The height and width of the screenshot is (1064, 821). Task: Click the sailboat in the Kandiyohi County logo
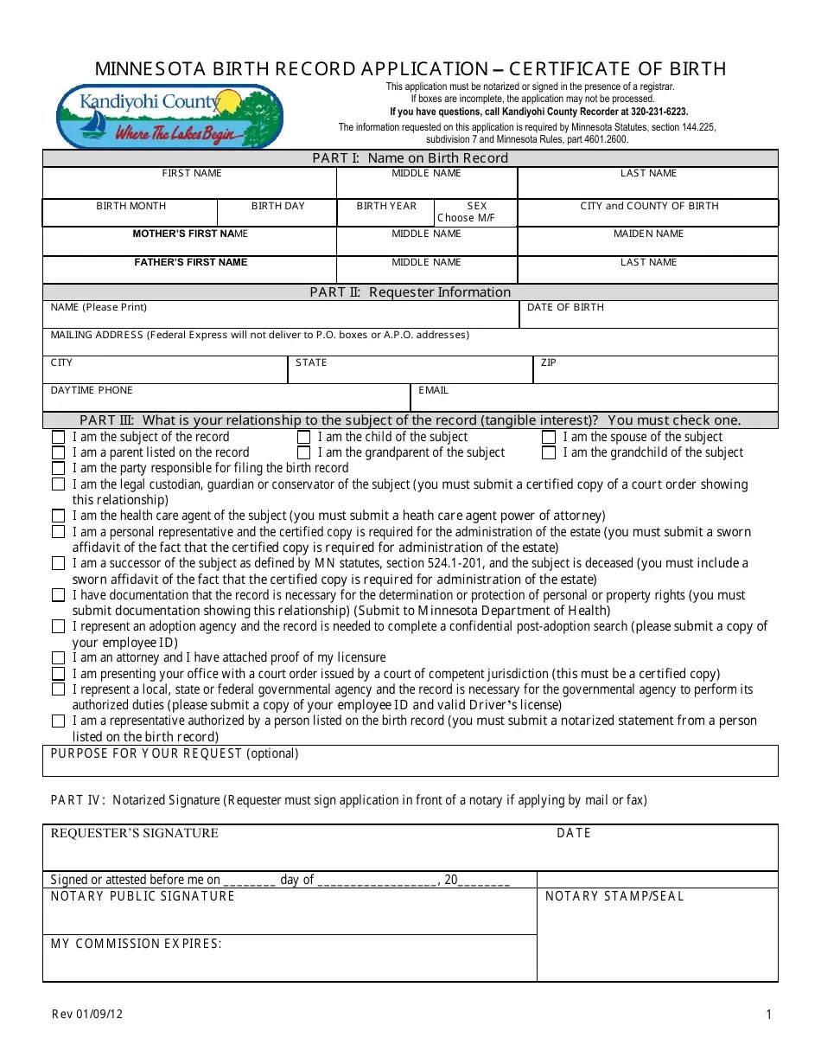(91, 125)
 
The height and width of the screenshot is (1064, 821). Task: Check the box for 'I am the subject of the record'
(58, 438)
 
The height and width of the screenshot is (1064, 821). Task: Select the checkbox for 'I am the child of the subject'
(303, 438)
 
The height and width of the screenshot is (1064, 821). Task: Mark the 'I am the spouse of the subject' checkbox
(549, 438)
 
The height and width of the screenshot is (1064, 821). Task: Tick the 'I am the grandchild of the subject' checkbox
(549, 453)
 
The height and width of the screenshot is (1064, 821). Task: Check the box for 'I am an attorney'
(58, 658)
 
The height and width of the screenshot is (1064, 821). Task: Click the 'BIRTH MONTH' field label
(130, 207)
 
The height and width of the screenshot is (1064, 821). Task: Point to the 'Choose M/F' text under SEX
(467, 218)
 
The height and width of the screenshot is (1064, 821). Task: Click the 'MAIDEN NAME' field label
(648, 234)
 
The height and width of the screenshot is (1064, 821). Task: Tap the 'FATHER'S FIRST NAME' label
(190, 262)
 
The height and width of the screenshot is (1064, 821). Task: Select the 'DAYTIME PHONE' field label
(92, 391)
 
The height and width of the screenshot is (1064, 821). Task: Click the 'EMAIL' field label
(433, 391)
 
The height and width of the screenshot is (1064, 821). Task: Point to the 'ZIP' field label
(548, 363)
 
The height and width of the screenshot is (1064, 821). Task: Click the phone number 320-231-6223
(658, 112)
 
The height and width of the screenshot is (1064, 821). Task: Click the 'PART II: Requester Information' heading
(410, 292)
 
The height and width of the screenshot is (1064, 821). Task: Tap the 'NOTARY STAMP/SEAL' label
(614, 897)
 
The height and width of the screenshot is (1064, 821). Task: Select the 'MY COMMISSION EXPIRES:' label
(137, 944)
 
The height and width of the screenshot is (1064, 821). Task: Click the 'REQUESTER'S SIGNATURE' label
(134, 833)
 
